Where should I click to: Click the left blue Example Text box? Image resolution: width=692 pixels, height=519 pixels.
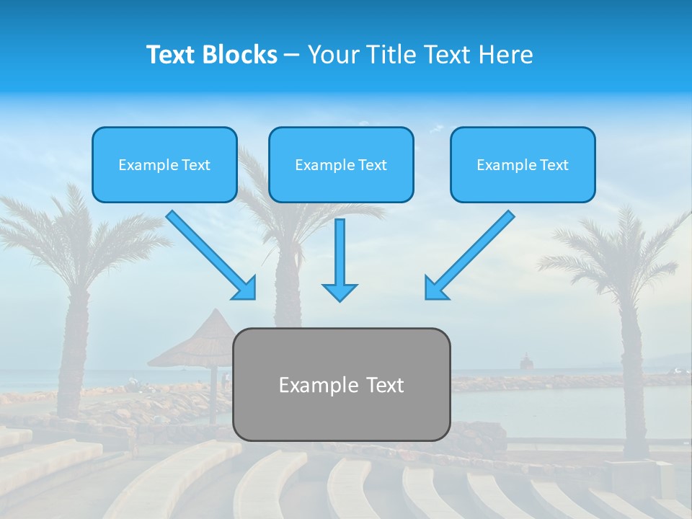point(164,165)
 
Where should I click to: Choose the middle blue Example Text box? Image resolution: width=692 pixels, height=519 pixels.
point(341,165)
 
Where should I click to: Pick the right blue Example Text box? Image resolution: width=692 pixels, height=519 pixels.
point(523,165)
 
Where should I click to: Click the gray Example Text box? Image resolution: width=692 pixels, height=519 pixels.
point(341,385)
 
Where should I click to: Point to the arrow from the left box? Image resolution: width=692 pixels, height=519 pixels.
point(209,253)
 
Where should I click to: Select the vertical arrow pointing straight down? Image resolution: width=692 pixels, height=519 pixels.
point(340,259)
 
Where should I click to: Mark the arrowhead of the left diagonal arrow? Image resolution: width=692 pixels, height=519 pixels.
point(245,288)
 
